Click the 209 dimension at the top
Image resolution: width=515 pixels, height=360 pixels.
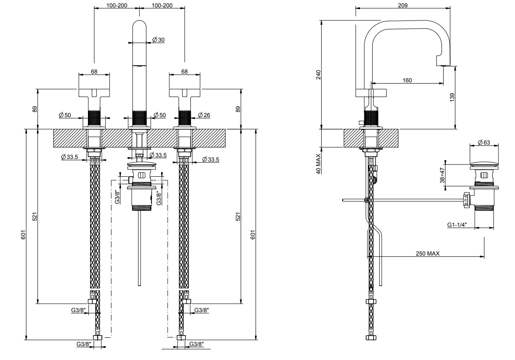pos(402,5)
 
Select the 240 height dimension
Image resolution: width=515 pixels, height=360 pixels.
pos(318,74)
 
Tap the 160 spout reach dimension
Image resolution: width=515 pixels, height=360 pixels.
pos(407,80)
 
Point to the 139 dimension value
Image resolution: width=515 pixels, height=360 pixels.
pos(452,97)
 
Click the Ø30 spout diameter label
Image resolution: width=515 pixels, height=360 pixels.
pos(158,40)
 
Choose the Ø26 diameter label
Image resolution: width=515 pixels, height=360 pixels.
pos(204,115)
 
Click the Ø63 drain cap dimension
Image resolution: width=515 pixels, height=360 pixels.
pos(484,142)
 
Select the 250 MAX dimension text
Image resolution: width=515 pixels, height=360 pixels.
pos(427,253)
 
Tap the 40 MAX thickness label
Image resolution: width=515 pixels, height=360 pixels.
pos(318,164)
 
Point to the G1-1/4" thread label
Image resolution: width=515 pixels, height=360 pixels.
pos(457,225)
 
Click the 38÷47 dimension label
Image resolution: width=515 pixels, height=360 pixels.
pos(442,175)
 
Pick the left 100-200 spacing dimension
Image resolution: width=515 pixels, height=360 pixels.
pos(117,5)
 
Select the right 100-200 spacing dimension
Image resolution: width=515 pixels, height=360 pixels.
pos(162,5)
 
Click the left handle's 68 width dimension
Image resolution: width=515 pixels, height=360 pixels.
pos(94,71)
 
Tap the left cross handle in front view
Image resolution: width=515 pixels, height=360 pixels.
pos(94,93)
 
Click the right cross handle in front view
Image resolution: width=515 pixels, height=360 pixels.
pos(185,93)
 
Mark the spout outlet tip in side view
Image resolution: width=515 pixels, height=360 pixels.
pos(443,65)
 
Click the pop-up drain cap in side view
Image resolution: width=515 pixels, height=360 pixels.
pos(484,164)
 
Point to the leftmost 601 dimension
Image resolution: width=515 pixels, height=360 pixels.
pos(23,235)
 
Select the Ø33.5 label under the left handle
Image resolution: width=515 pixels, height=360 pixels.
pos(70,157)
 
